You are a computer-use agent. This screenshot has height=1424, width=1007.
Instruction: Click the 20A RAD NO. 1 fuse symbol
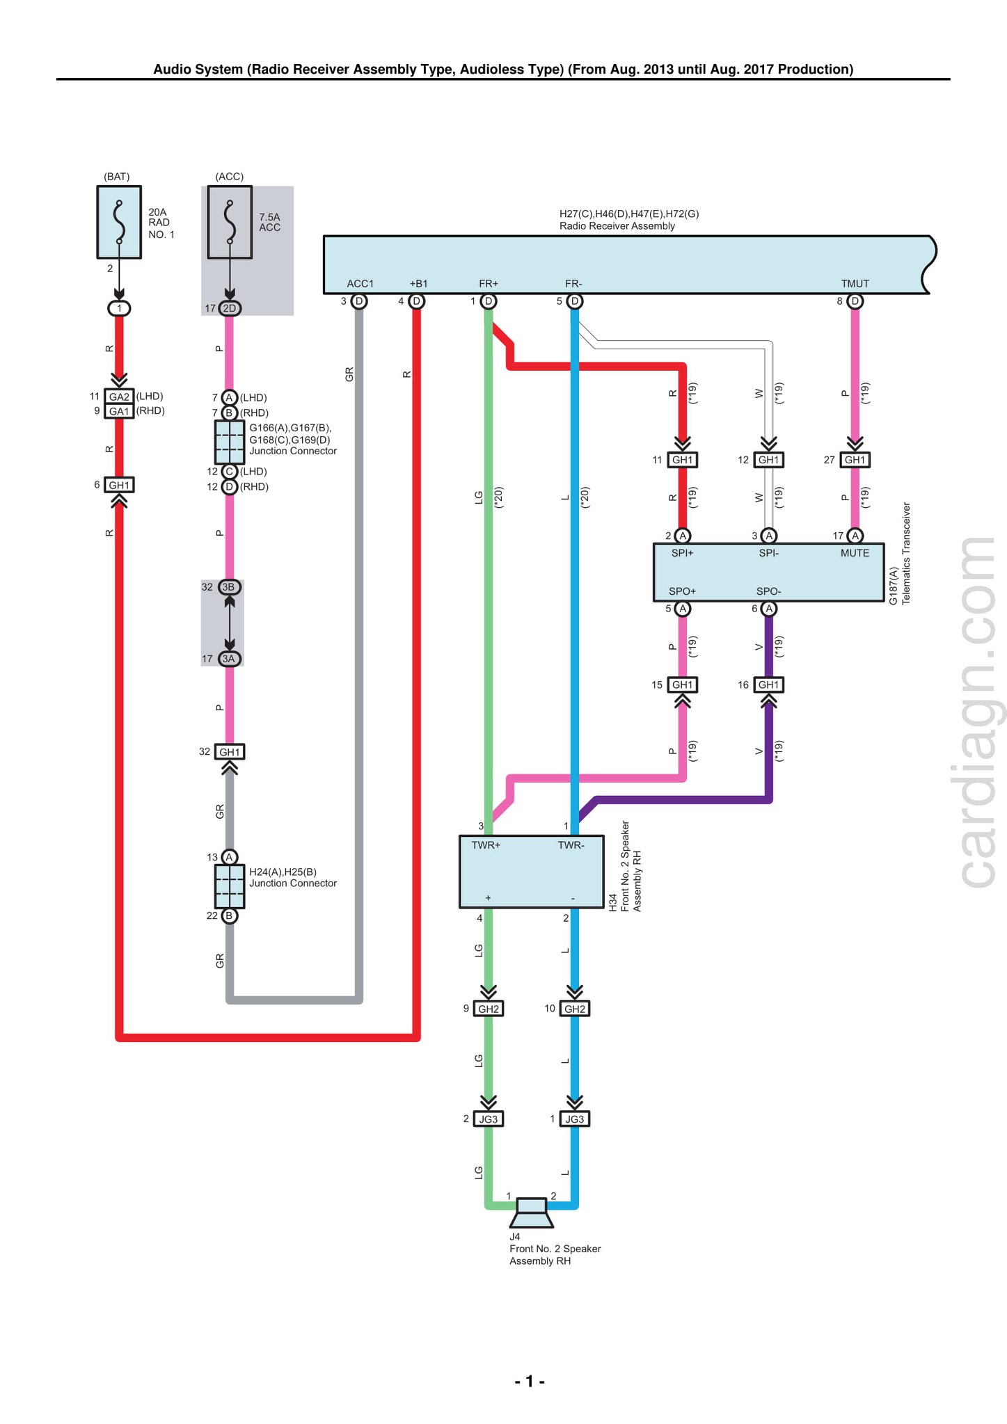click(119, 222)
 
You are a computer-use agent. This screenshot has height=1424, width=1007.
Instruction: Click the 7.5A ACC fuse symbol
click(230, 222)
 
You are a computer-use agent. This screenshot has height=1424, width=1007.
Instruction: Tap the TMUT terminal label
click(855, 284)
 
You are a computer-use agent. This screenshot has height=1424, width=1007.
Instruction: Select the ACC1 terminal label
click(360, 284)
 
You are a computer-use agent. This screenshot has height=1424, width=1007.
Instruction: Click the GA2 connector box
click(119, 397)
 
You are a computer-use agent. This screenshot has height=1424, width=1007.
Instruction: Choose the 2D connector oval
click(230, 308)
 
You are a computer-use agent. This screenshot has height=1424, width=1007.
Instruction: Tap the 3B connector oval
click(230, 587)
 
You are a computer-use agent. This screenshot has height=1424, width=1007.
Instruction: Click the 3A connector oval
click(230, 659)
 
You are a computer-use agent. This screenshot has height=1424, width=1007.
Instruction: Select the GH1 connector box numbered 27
click(855, 460)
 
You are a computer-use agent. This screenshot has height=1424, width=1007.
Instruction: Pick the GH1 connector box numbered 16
click(768, 685)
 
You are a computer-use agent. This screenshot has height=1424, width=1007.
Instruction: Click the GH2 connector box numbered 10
click(574, 1009)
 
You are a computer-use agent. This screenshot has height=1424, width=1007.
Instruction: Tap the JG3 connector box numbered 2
click(489, 1119)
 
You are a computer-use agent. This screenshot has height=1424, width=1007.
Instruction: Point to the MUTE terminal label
click(855, 553)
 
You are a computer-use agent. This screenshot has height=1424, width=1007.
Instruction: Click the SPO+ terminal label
click(682, 591)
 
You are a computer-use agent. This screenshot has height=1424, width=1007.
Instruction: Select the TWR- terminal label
click(571, 845)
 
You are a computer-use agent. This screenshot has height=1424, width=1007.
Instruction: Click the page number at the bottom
click(530, 1381)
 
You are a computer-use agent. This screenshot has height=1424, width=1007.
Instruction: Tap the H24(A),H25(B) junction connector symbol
click(230, 886)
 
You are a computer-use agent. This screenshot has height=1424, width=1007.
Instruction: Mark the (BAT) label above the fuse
click(117, 177)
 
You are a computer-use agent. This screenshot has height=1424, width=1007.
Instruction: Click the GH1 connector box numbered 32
click(230, 752)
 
